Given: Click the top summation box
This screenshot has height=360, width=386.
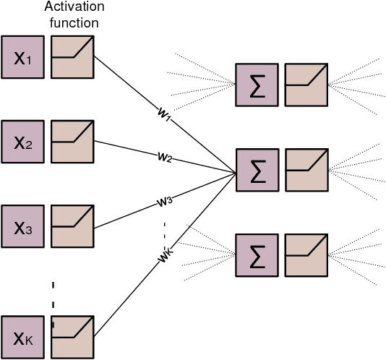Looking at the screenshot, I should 256,85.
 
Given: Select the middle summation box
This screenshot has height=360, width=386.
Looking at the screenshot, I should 256,171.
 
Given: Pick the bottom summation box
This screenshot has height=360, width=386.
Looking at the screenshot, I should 256,255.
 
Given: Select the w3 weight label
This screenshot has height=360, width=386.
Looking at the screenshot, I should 164,202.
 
